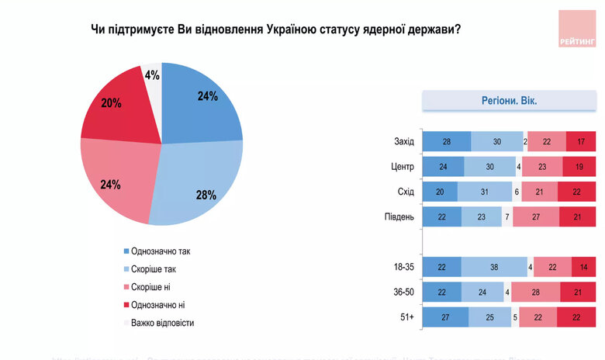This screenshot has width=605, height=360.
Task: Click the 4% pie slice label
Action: tap(151, 75)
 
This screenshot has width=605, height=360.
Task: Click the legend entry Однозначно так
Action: tap(161, 251)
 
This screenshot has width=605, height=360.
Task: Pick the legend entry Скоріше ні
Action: tap(154, 287)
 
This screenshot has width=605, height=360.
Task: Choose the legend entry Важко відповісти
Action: tap(163, 323)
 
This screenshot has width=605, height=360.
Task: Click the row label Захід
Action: tap(404, 142)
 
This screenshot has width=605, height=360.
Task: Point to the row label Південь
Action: tap(399, 216)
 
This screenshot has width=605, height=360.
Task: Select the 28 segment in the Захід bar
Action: tap(446, 142)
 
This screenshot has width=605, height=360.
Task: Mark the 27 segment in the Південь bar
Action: tap(536, 216)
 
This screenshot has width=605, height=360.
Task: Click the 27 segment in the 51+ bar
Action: tap(445, 317)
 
